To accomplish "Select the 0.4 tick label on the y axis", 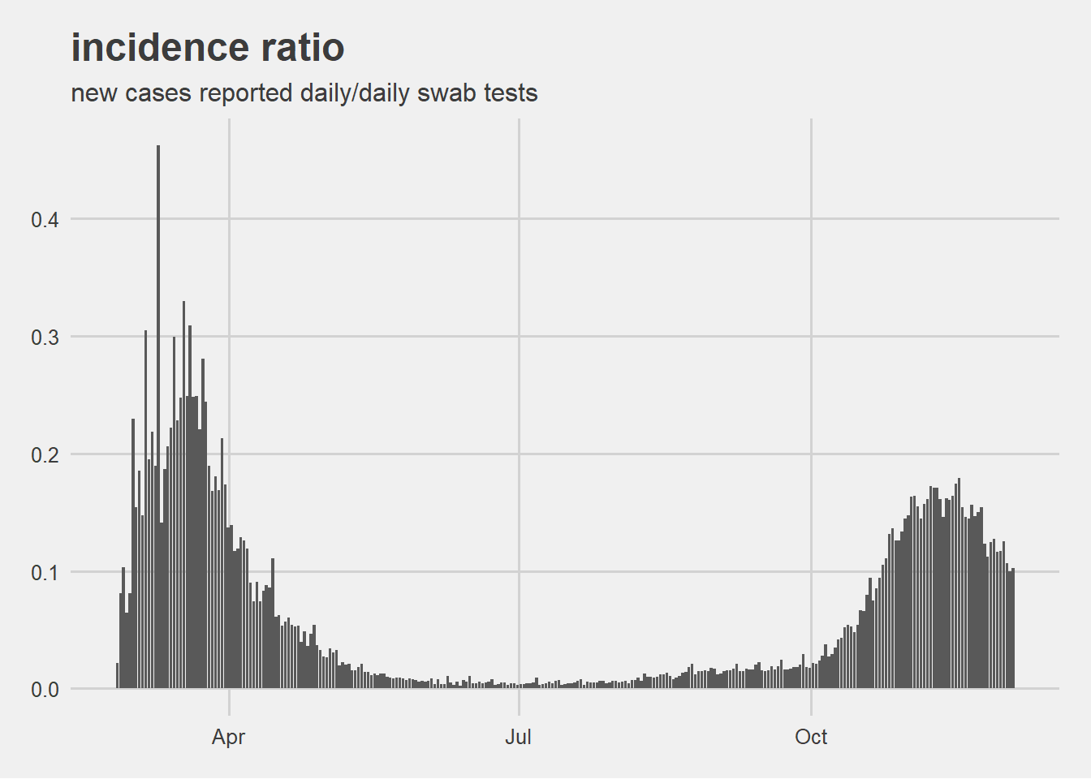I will pyautogui.click(x=45, y=220).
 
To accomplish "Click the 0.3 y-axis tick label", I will pyautogui.click(x=45, y=338).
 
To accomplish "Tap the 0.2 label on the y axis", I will pyautogui.click(x=45, y=455).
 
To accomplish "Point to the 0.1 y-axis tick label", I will pyautogui.click(x=45, y=573).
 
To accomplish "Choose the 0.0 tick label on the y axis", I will pyautogui.click(x=45, y=691).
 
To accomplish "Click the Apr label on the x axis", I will pyautogui.click(x=228, y=737).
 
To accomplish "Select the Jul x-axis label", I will pyautogui.click(x=518, y=737).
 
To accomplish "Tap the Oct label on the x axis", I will pyautogui.click(x=811, y=737).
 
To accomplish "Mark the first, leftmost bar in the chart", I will pyautogui.click(x=118, y=677).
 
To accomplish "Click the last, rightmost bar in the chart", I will pyautogui.click(x=1013, y=630).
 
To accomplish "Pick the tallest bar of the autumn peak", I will pyautogui.click(x=959, y=584).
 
